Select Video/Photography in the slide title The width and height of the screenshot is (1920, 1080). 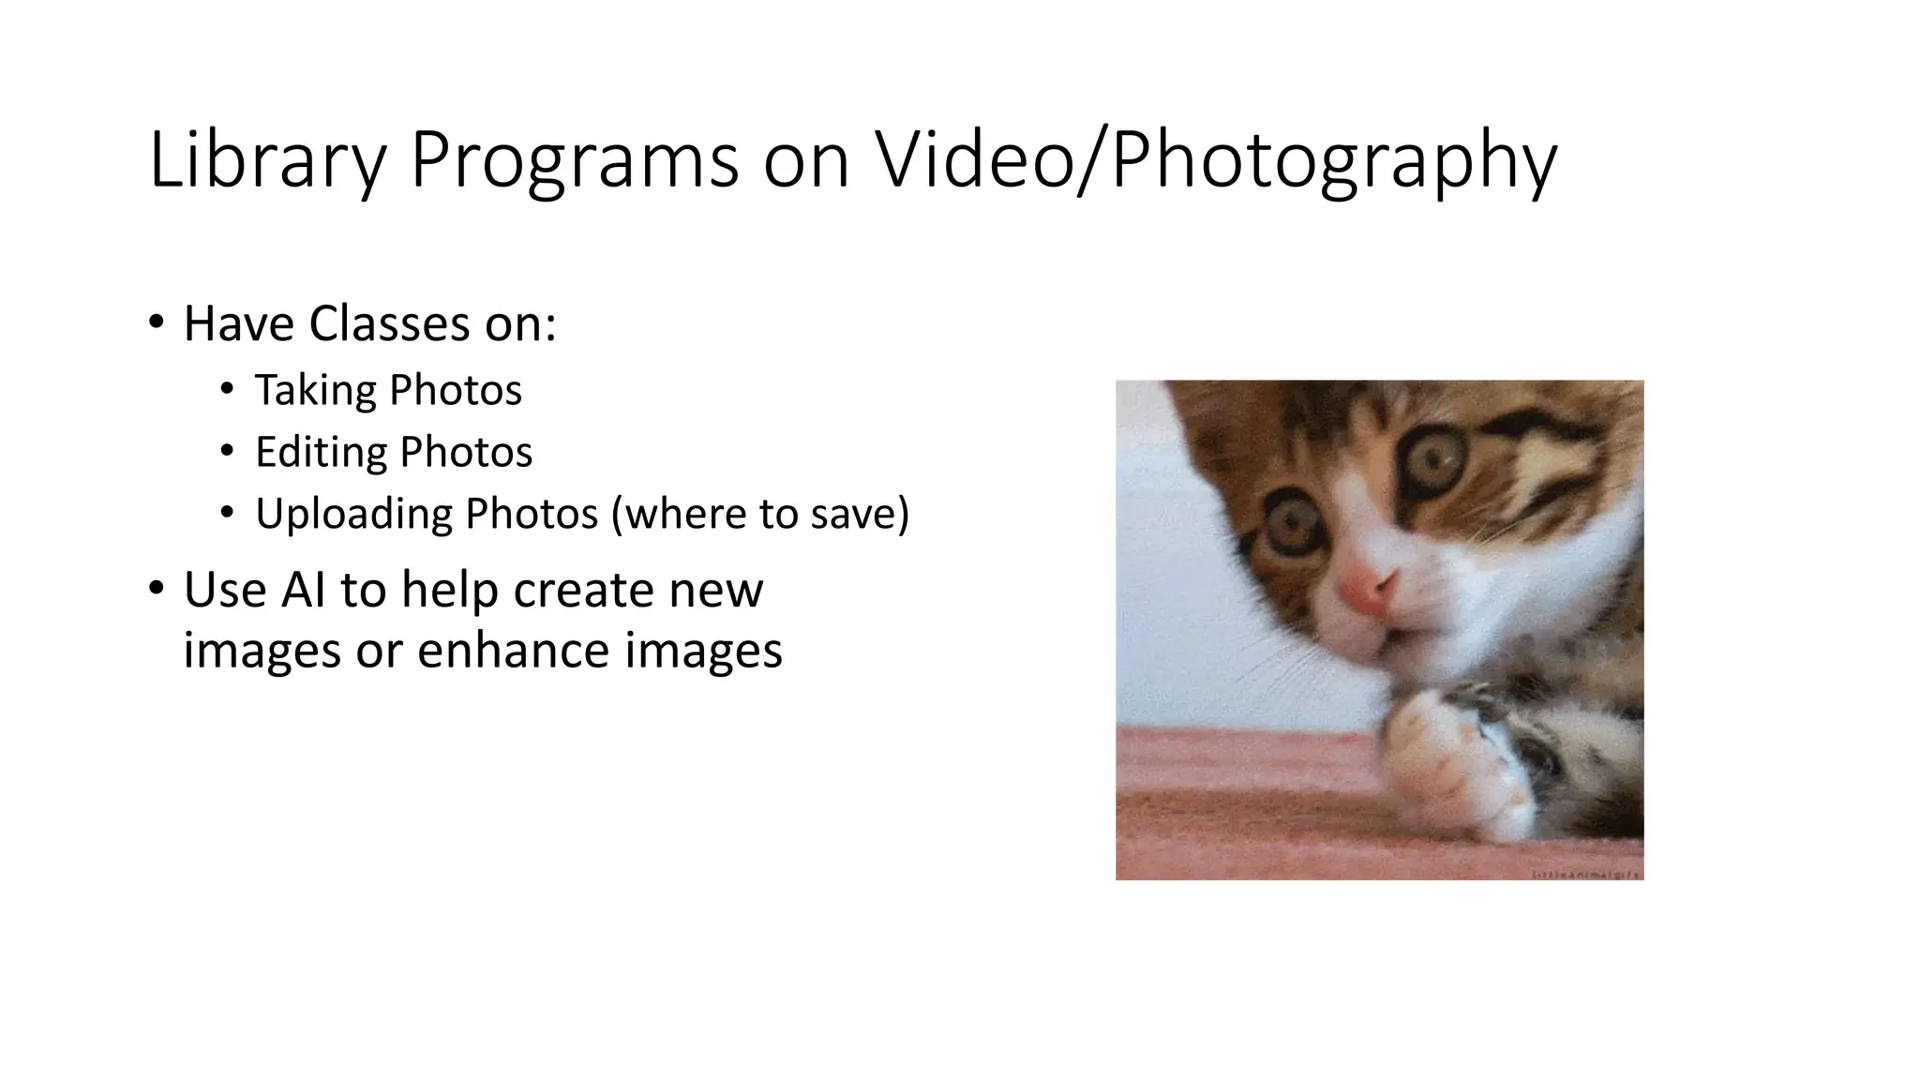[1215, 161]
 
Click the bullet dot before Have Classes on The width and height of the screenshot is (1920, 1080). [156, 322]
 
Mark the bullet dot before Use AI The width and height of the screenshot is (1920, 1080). [156, 589]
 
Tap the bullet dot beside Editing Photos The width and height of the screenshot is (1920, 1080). [227, 452]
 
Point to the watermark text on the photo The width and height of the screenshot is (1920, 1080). [1585, 874]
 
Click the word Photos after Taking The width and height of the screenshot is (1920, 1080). [455, 390]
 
